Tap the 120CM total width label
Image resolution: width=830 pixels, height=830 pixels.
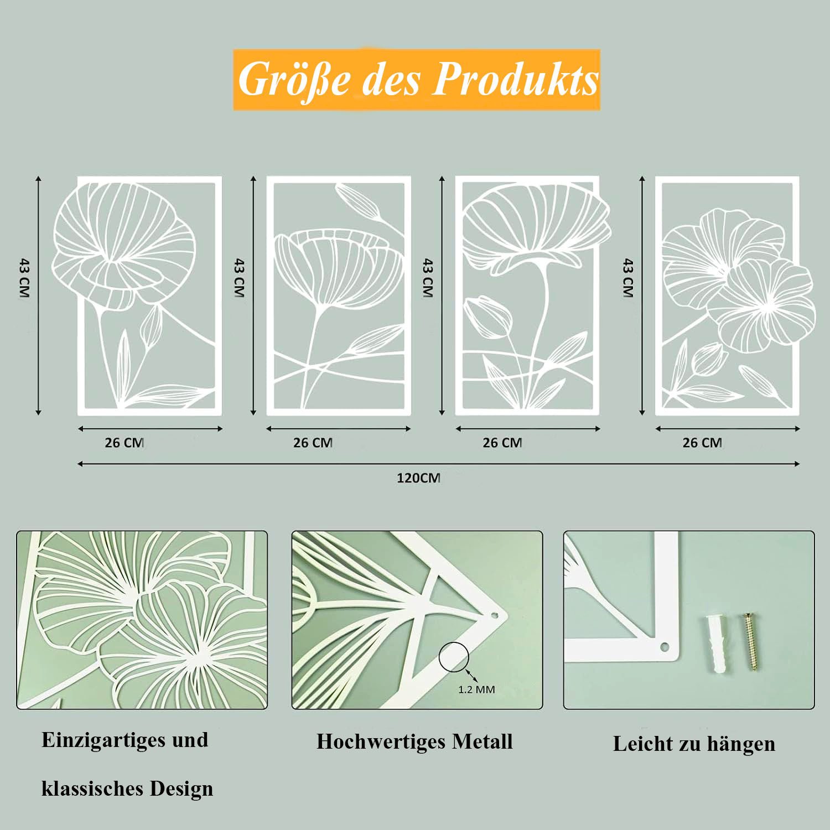tap(418, 478)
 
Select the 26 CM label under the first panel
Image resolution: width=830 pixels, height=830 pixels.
tap(124, 443)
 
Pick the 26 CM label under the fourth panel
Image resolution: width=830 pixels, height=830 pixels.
tap(702, 443)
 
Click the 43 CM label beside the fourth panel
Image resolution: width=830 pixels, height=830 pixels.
tap(627, 278)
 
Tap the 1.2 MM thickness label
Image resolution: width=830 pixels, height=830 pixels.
tap(476, 690)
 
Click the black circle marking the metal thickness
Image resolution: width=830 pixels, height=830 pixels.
tap(454, 658)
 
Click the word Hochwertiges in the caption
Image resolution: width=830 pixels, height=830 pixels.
tap(381, 742)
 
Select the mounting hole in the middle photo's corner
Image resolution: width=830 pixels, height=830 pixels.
tap(496, 614)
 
